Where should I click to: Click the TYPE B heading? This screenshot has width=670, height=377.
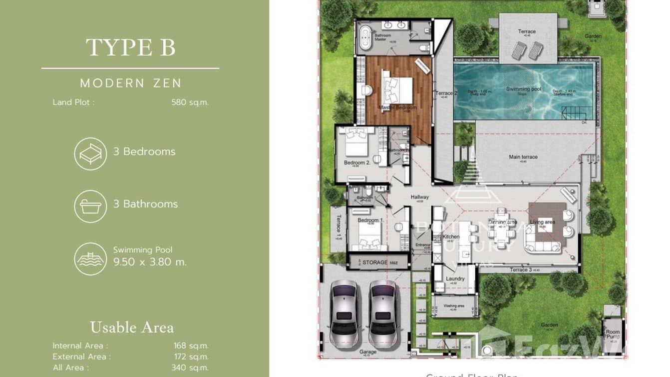(x=130, y=47)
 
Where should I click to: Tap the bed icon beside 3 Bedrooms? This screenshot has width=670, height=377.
(x=90, y=153)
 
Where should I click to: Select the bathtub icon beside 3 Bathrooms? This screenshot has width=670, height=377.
(x=90, y=206)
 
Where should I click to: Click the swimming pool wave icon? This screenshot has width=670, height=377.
(x=90, y=258)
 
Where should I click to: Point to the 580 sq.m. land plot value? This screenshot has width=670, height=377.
(x=190, y=102)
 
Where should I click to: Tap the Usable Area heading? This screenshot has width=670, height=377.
(x=132, y=327)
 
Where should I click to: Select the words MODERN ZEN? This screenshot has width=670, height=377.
(x=131, y=83)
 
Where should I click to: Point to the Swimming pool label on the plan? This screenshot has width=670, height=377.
(x=524, y=89)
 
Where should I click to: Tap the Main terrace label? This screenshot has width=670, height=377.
(x=523, y=157)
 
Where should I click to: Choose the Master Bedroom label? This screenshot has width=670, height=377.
(x=397, y=107)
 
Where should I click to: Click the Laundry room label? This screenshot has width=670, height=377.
(x=455, y=278)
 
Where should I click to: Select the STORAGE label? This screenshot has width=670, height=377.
(x=375, y=262)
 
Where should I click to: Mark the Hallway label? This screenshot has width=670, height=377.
(x=420, y=197)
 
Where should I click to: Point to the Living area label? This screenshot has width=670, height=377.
(x=543, y=222)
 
